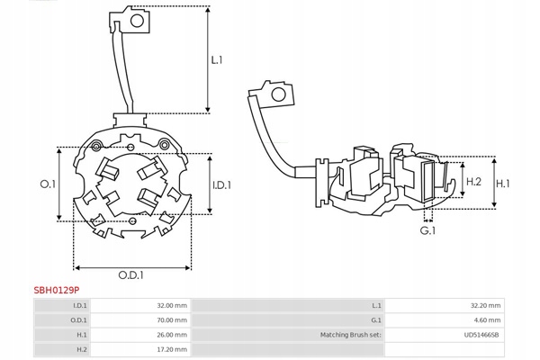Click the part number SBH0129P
pyautogui.click(x=56, y=290)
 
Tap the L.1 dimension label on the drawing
pyautogui.click(x=217, y=61)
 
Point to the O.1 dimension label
pyautogui.click(x=49, y=184)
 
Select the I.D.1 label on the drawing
pyautogui.click(x=221, y=185)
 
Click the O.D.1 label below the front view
pyautogui.click(x=133, y=275)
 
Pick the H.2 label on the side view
pyautogui.click(x=474, y=183)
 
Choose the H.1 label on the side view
pyautogui.click(x=503, y=183)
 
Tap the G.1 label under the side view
pyautogui.click(x=428, y=231)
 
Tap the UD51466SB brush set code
pyautogui.click(x=481, y=335)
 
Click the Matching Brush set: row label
pyautogui.click(x=352, y=335)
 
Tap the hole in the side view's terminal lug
pyautogui.click(x=279, y=93)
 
